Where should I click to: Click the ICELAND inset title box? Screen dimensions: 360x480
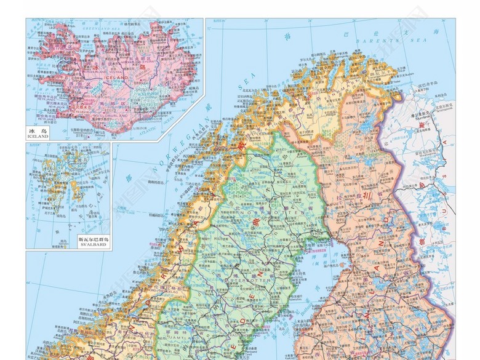[38, 134]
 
